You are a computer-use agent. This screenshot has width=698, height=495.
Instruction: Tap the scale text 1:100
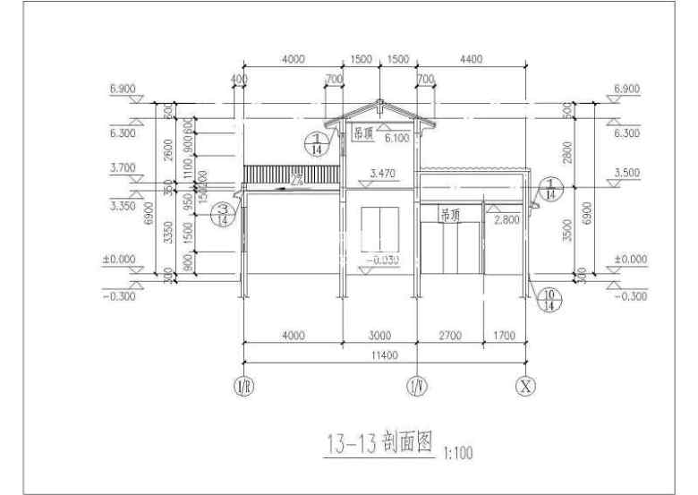[x=458, y=453]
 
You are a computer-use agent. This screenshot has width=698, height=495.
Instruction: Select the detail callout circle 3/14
[x=224, y=213]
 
